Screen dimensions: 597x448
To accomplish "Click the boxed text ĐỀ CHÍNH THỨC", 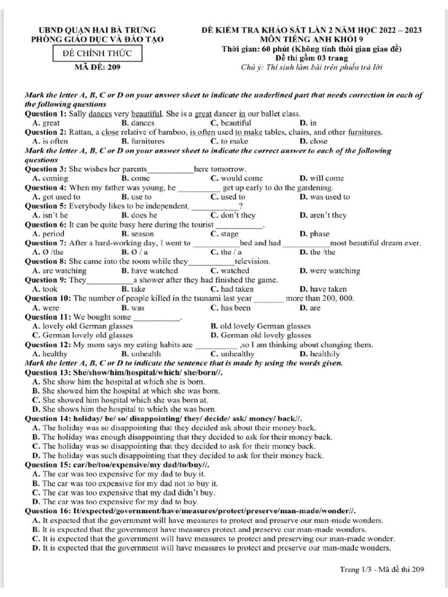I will [x=97, y=54].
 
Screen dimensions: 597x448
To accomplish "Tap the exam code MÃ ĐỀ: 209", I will [x=97, y=67].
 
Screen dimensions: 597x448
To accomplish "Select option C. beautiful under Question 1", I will [x=230, y=123].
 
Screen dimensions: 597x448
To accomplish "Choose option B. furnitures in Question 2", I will [x=143, y=141].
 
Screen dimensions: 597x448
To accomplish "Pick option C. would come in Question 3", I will [x=236, y=178].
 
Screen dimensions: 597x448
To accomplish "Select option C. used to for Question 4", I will [x=228, y=197].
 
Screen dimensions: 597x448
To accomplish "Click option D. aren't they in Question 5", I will [x=323, y=215].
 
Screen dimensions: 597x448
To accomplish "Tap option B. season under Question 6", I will [x=138, y=234].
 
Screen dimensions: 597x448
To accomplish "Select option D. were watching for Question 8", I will [x=330, y=271].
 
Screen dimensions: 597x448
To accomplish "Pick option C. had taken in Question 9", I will [x=232, y=289].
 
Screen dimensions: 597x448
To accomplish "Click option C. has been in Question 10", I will [x=230, y=307].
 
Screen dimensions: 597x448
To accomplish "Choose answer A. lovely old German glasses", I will [x=83, y=326].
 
